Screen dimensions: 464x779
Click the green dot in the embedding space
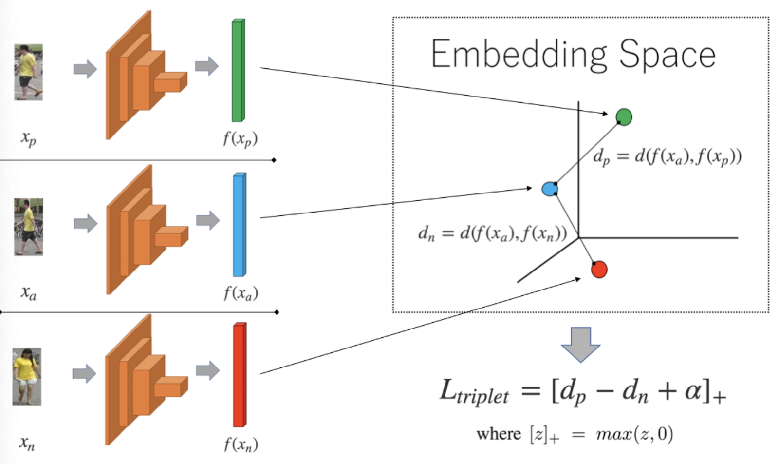pyautogui.click(x=624, y=117)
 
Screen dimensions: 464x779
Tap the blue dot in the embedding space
pyautogui.click(x=550, y=189)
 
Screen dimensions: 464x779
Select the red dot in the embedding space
pyautogui.click(x=599, y=269)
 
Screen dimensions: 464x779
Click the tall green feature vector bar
pyautogui.click(x=238, y=71)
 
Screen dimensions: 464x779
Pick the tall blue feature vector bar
pyautogui.click(x=239, y=225)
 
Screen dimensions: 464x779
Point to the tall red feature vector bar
pyautogui.click(x=239, y=375)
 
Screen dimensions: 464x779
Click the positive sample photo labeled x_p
pyautogui.click(x=28, y=72)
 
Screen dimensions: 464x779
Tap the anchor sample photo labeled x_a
pyautogui.click(x=28, y=227)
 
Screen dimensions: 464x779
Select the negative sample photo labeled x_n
pyautogui.click(x=27, y=376)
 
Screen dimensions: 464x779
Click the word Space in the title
pyautogui.click(x=667, y=55)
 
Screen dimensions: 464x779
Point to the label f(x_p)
pyautogui.click(x=240, y=139)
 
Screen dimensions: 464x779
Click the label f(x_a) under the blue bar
pyautogui.click(x=241, y=293)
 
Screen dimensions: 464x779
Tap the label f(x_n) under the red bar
pyautogui.click(x=241, y=444)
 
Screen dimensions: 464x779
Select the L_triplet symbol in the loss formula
pyautogui.click(x=474, y=392)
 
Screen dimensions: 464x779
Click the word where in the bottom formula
pyautogui.click(x=499, y=434)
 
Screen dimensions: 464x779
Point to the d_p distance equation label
pyautogui.click(x=667, y=157)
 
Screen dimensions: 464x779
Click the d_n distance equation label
pyautogui.click(x=492, y=234)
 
